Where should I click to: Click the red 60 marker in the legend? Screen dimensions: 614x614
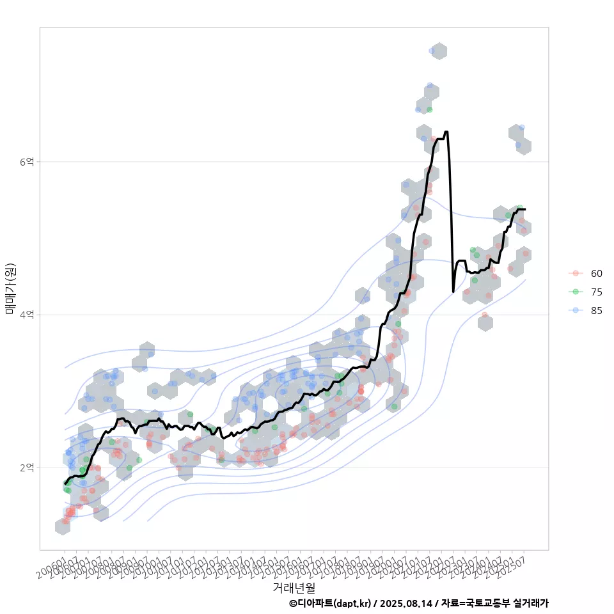point(576,273)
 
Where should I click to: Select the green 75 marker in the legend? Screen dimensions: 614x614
point(576,292)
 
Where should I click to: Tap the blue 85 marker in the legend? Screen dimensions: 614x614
point(576,310)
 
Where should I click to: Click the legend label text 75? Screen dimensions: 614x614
point(596,292)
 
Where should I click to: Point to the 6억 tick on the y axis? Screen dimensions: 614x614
point(27,162)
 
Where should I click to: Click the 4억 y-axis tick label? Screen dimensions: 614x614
point(27,315)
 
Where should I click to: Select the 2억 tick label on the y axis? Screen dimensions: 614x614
point(27,468)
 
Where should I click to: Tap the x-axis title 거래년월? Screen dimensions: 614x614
point(294,587)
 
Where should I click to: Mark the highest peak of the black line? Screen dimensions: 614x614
point(446,132)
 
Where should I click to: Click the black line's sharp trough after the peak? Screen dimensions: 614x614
point(453,292)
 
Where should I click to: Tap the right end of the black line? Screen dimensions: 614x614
point(525,209)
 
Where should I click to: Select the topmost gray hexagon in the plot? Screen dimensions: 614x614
point(439,52)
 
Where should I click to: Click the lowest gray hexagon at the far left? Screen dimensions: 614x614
point(63,526)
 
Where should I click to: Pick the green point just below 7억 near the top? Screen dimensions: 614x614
point(430,109)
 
